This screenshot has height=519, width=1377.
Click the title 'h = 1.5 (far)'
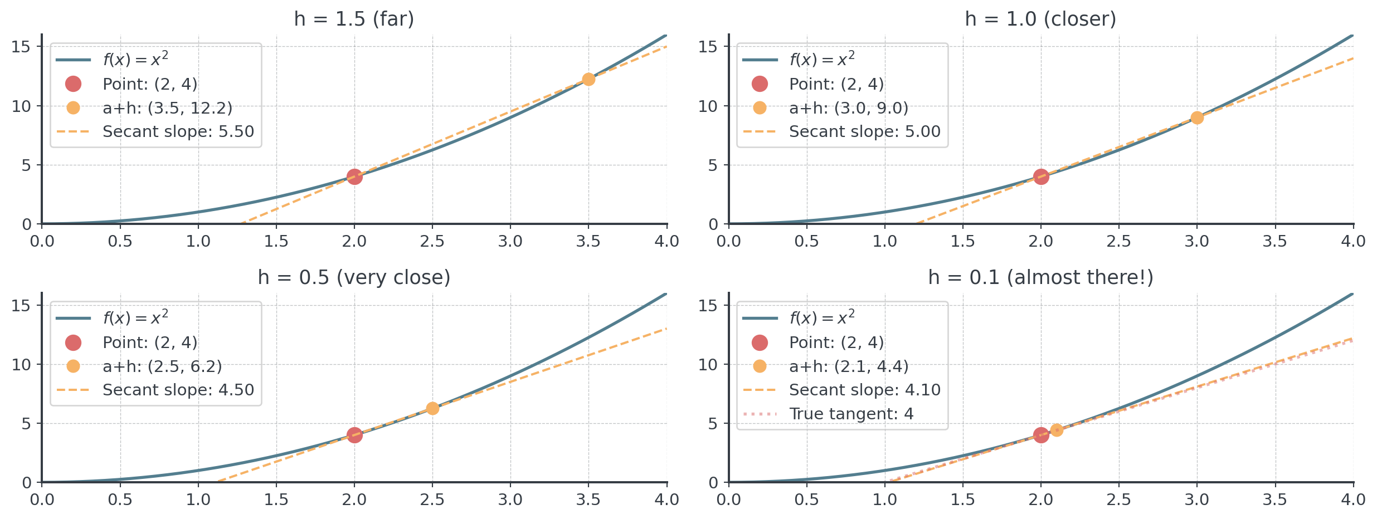point(354,19)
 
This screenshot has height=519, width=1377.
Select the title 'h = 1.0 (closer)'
point(1040,19)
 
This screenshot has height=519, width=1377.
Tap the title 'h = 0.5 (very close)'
point(354,277)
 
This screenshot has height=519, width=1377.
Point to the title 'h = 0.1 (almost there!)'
point(1040,277)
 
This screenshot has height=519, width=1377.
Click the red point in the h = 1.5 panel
point(354,177)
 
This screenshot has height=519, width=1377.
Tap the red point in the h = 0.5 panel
point(354,435)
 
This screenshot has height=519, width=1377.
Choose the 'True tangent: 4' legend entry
point(851,414)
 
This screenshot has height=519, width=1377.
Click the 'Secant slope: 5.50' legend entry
point(178,131)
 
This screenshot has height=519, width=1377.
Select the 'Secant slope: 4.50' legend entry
point(178,390)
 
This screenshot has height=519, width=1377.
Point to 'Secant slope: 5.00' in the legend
point(864,131)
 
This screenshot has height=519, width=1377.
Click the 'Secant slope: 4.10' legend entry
point(864,390)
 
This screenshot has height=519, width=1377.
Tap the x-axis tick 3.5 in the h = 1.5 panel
point(588,241)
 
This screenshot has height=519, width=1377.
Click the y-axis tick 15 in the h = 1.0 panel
point(708,47)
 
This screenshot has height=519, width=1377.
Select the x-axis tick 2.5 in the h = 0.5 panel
point(432,500)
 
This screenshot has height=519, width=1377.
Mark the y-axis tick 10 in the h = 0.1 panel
point(708,365)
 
